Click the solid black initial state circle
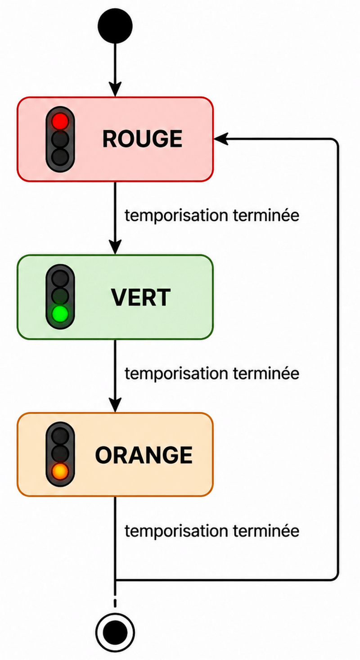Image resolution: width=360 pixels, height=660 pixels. [x=115, y=26]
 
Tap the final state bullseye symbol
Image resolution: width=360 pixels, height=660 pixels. [x=115, y=633]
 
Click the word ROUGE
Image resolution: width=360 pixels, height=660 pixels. [x=142, y=139]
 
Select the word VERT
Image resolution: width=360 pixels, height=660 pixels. [x=141, y=297]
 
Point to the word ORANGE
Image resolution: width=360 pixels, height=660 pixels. [x=144, y=455]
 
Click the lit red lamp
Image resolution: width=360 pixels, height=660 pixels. [x=60, y=121]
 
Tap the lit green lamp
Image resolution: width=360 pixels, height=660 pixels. [x=60, y=314]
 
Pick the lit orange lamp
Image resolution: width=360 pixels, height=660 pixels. [x=60, y=471]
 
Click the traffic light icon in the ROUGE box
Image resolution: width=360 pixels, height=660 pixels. [x=60, y=139]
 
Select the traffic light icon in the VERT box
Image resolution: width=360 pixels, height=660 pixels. [x=60, y=296]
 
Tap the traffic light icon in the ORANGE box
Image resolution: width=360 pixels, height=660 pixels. [x=60, y=454]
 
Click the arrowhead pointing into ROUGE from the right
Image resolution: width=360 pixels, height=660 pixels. [x=221, y=139]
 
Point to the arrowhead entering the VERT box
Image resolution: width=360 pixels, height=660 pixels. [x=115, y=247]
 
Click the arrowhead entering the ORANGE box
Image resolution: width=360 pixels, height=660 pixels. [x=115, y=405]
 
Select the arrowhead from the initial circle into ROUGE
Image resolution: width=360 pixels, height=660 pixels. [x=115, y=89]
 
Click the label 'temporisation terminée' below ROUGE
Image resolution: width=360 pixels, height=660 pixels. [x=212, y=216]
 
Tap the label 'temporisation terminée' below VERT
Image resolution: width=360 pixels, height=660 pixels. [x=212, y=373]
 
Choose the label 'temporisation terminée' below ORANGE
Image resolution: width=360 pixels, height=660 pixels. [x=212, y=531]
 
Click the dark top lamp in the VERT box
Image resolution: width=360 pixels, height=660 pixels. [x=60, y=278]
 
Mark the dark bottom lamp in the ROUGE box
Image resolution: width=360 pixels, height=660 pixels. [x=60, y=157]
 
